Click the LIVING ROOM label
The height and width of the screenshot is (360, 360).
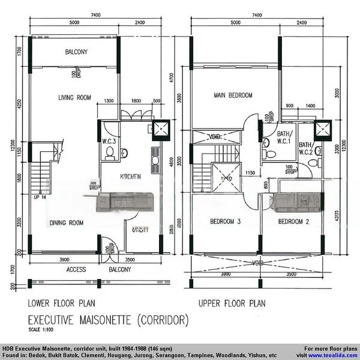point(74,98)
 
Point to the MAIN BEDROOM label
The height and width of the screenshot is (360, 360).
point(233,95)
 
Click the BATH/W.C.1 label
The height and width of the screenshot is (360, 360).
point(284,138)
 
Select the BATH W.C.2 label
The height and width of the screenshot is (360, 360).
point(305,148)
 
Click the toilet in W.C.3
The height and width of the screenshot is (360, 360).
point(109,154)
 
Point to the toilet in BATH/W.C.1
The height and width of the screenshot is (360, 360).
point(270,155)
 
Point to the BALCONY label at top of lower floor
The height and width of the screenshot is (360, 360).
point(76,52)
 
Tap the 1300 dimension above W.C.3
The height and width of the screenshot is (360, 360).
point(109,101)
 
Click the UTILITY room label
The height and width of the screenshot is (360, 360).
point(141,229)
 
